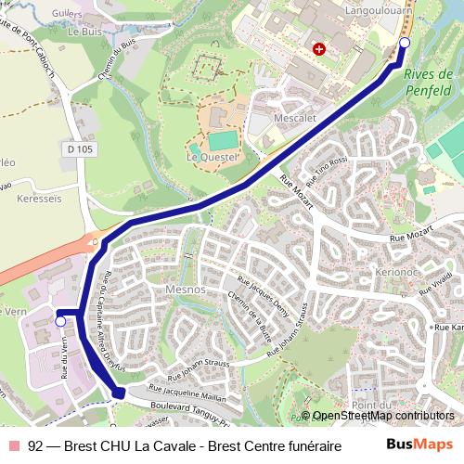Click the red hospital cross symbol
(x=319, y=48)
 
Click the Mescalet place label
(x=296, y=119)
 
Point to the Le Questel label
(x=213, y=157)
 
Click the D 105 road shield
(x=82, y=148)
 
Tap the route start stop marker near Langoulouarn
(x=405, y=43)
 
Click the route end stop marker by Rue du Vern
(x=61, y=321)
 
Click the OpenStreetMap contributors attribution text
(x=381, y=416)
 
